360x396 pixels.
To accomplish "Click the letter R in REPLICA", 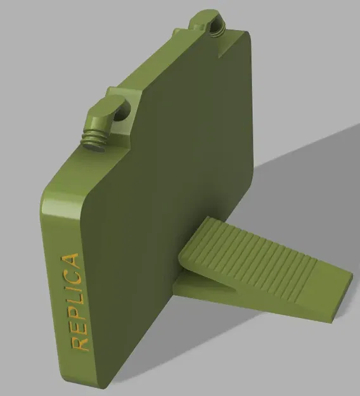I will coord(80,343).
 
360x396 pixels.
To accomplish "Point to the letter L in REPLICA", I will coord(75,300).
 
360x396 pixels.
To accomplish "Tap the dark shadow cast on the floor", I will coord(304,190).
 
